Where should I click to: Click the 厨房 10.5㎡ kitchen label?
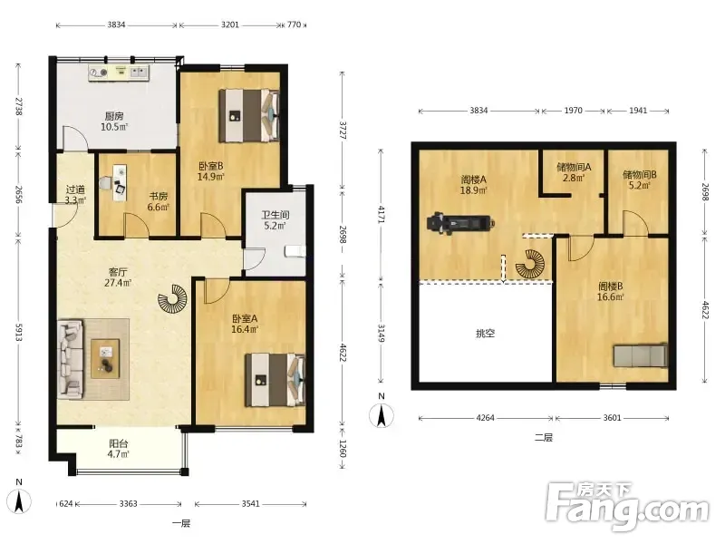[114, 121]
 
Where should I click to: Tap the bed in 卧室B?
[248, 116]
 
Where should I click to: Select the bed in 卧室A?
[275, 380]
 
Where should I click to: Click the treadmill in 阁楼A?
[460, 223]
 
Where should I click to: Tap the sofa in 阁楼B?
[641, 355]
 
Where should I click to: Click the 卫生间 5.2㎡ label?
[275, 220]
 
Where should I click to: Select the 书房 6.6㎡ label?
[158, 201]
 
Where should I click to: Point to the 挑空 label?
[485, 333]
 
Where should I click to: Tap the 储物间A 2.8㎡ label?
[574, 171]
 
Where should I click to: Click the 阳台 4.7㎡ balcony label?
[119, 449]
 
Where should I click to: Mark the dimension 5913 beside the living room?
[19, 332]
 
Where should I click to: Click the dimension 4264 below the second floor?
[486, 418]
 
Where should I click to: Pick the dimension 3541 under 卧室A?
[251, 504]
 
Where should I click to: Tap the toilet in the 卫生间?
[295, 252]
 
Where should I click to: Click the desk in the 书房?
[121, 182]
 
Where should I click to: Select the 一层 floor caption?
[181, 524]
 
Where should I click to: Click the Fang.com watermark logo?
[627, 507]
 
